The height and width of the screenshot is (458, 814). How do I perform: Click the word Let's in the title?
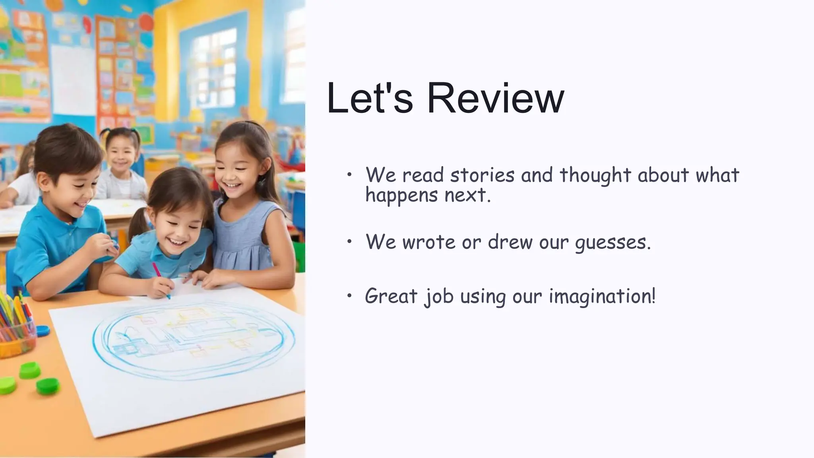click(x=370, y=98)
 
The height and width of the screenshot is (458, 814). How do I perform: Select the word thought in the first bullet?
click(x=595, y=175)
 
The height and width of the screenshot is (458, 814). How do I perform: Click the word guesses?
click(x=613, y=242)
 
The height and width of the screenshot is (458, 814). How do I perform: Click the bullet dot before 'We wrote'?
click(x=349, y=241)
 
